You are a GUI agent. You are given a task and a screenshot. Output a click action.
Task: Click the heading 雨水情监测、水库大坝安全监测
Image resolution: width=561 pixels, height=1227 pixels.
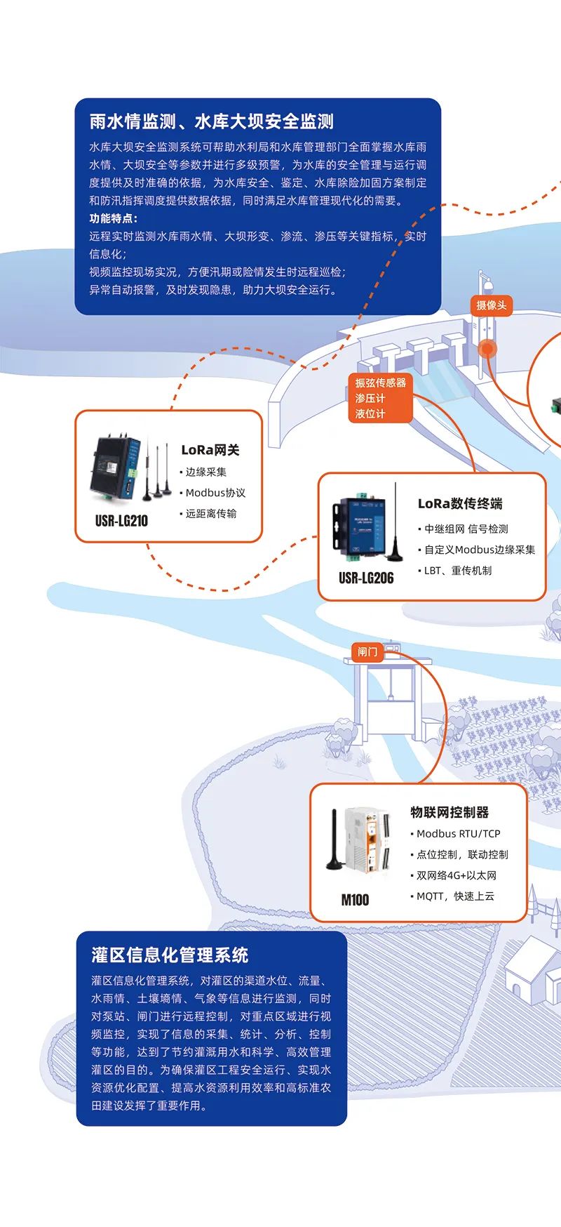tap(211, 121)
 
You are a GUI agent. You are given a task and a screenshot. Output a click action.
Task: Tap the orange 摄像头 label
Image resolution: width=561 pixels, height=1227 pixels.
tap(491, 305)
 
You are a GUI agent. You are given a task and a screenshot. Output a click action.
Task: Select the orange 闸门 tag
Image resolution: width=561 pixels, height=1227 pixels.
tap(367, 652)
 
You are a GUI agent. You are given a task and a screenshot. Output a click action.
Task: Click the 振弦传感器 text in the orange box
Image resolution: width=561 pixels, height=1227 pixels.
tap(380, 383)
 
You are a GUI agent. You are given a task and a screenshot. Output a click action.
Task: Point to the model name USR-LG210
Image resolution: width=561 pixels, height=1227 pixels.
tap(121, 521)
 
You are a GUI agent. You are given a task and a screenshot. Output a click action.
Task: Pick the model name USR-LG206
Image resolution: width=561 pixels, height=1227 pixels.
tap(366, 578)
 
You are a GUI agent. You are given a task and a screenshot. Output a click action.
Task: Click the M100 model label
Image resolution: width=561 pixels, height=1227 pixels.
tap(355, 900)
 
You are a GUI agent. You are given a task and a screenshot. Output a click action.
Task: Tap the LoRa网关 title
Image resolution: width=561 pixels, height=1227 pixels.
tap(210, 450)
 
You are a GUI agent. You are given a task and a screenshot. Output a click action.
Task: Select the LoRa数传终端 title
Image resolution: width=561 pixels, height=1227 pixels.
tap(460, 503)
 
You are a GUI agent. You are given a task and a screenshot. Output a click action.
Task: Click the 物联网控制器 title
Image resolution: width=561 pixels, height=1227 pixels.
tap(450, 812)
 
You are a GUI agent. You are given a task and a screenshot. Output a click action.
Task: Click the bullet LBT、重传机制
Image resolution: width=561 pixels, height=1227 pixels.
tap(457, 571)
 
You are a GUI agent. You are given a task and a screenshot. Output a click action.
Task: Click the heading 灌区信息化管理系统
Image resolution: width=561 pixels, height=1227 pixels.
tap(170, 955)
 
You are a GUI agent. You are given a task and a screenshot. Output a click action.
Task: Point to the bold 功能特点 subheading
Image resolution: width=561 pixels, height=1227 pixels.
tap(112, 218)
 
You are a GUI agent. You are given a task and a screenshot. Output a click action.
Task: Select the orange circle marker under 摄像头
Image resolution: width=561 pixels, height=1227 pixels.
tap(487, 348)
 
